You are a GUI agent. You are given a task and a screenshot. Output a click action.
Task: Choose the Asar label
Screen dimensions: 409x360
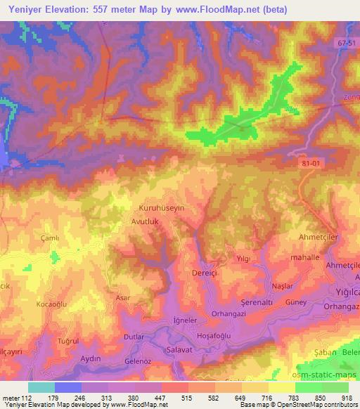pos(123,298)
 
